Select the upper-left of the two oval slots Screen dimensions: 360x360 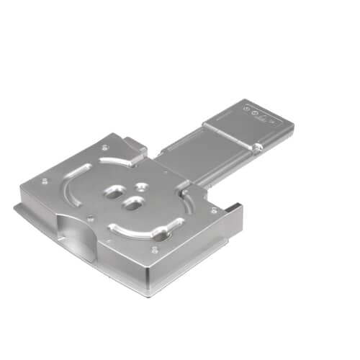coord(114,192)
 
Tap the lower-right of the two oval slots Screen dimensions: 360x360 coord(132,204)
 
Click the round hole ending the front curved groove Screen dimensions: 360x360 coord(158,235)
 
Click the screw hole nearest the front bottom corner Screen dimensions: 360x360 coord(154,250)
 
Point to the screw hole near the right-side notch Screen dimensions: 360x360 coord(213,211)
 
